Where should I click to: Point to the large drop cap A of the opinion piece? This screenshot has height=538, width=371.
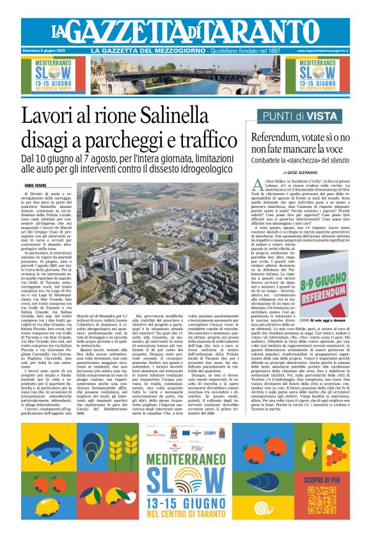254,185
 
